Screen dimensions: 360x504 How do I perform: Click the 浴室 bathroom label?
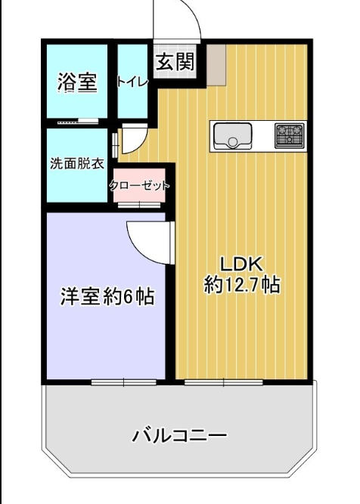[x=77, y=82]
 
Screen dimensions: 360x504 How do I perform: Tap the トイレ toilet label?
[x=132, y=82]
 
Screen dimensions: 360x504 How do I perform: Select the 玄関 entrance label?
[x=175, y=61]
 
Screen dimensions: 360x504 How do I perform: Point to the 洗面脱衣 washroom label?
[x=77, y=164]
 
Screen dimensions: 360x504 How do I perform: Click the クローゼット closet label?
[x=140, y=185]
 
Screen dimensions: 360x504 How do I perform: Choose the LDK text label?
[x=242, y=264]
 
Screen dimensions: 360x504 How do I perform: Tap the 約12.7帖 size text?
[x=242, y=284]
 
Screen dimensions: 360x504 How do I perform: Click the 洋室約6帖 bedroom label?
[x=108, y=296]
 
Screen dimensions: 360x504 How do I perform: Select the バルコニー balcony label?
[x=179, y=435]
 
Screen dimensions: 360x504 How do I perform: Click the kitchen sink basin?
[x=233, y=136]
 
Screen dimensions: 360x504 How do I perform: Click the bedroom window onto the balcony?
[x=124, y=382]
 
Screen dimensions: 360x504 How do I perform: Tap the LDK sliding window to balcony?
[x=224, y=382]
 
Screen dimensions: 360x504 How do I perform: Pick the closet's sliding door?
[x=139, y=205]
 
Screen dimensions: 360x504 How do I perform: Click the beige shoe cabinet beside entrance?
[x=216, y=65]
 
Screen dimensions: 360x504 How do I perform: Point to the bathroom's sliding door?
[x=78, y=121]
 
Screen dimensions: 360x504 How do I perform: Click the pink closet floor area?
[x=139, y=185]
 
